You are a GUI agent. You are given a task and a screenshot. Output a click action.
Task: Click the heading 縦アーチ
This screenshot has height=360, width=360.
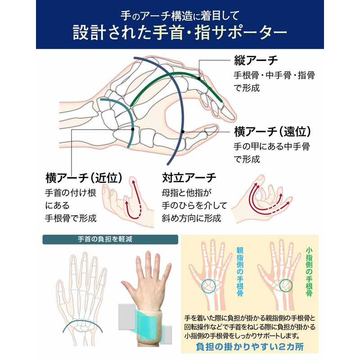point(256,61)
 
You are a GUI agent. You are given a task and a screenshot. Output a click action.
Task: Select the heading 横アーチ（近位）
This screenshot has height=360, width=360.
point(85,178)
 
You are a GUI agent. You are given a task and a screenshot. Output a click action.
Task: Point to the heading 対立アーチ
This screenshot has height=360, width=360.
point(189,178)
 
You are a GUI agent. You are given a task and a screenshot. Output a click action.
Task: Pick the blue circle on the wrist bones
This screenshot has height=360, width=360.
point(210,286)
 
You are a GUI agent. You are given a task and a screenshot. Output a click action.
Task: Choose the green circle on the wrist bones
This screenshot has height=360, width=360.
point(286,285)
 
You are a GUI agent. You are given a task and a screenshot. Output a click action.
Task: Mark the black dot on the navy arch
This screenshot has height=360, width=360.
point(183,131)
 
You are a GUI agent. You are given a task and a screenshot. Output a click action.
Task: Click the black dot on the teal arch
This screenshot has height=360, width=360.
point(133,129)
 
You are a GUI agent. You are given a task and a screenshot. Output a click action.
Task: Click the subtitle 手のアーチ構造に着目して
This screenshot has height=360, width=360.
point(180,16)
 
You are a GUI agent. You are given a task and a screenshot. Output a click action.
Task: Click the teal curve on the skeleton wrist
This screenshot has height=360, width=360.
point(81,325)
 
